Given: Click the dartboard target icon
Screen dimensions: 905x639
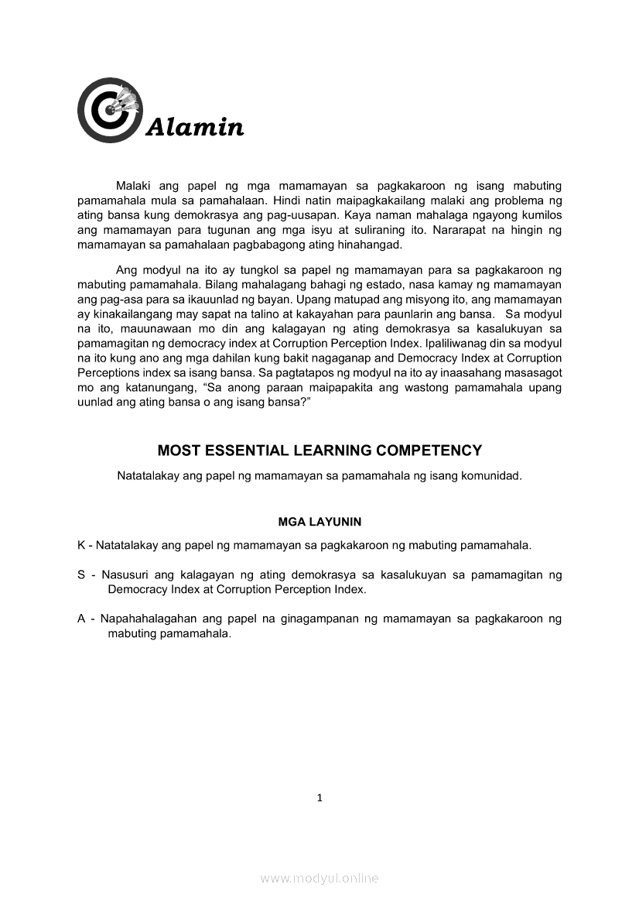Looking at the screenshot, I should pyautogui.click(x=109, y=110).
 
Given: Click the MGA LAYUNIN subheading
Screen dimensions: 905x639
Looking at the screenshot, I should pyautogui.click(x=319, y=522).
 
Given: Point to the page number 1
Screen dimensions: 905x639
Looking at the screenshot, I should pyautogui.click(x=319, y=798).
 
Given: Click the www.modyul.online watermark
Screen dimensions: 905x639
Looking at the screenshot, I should pyautogui.click(x=319, y=878).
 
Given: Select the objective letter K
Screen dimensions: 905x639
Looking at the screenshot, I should pyautogui.click(x=81, y=545).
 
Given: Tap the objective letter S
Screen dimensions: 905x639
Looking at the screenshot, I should pyautogui.click(x=81, y=575).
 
